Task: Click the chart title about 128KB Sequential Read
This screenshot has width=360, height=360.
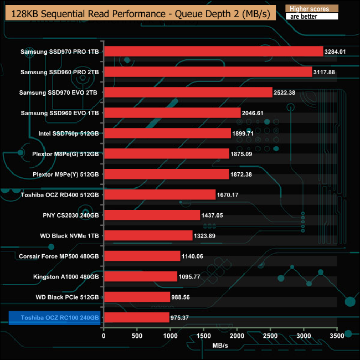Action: pyautogui.click(x=138, y=14)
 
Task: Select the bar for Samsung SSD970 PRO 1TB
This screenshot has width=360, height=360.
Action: pyautogui.click(x=213, y=52)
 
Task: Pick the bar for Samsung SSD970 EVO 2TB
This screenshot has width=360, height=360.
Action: pyautogui.click(x=188, y=92)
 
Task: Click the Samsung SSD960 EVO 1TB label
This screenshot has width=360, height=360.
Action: pyautogui.click(x=59, y=113)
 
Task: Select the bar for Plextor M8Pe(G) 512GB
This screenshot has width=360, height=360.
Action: pyautogui.click(x=166, y=153)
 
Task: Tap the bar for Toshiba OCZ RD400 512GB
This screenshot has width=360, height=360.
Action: pyautogui.click(x=160, y=194)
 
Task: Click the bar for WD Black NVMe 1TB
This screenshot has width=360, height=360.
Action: pyautogui.click(x=148, y=235)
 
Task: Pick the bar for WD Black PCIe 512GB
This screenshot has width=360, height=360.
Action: pyautogui.click(x=137, y=297)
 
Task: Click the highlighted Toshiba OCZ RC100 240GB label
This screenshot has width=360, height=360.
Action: pyautogui.click(x=56, y=318)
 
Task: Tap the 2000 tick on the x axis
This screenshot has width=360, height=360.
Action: pyautogui.click(x=237, y=336)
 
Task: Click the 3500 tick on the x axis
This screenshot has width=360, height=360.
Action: pyautogui.click(x=337, y=336)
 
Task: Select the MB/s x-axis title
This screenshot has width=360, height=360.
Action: pyautogui.click(x=220, y=345)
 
